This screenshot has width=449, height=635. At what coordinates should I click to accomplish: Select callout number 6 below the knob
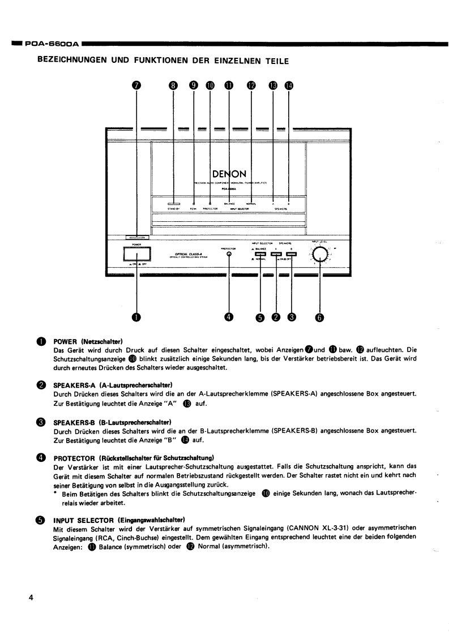click(x=319, y=317)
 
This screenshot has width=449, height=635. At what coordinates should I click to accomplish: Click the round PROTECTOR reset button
click(x=229, y=254)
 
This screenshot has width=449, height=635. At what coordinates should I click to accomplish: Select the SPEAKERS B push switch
click(x=292, y=254)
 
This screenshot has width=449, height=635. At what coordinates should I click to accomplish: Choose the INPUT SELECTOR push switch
click(x=260, y=254)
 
